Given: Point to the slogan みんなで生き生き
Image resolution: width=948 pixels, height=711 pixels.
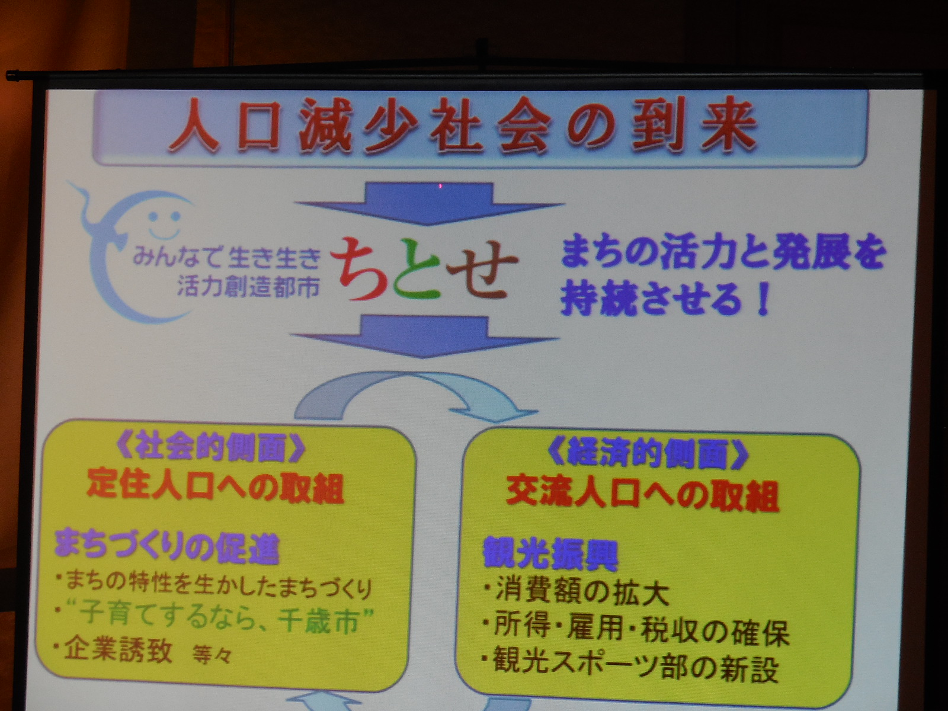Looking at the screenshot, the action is point(227,260).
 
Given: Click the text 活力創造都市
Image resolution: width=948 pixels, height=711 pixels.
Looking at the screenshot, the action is point(248,286).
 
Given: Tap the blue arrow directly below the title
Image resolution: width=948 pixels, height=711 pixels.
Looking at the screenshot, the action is point(430,203).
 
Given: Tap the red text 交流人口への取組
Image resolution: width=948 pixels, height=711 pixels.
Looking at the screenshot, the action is point(643,495).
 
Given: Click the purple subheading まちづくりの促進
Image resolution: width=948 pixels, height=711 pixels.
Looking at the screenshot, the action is point(166,549).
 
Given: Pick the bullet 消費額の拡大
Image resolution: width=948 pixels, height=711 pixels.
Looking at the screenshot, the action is point(577,594).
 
